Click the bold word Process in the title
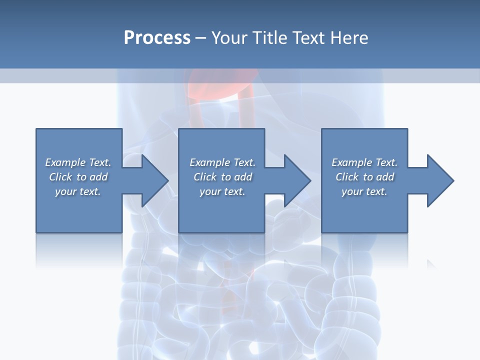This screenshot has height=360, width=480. coord(157,38)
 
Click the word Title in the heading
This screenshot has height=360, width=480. coord(269,38)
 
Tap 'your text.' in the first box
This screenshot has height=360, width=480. coord(78,191)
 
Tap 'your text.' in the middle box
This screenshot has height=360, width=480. coord(222,191)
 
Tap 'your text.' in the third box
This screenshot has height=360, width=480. coord(364,191)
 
